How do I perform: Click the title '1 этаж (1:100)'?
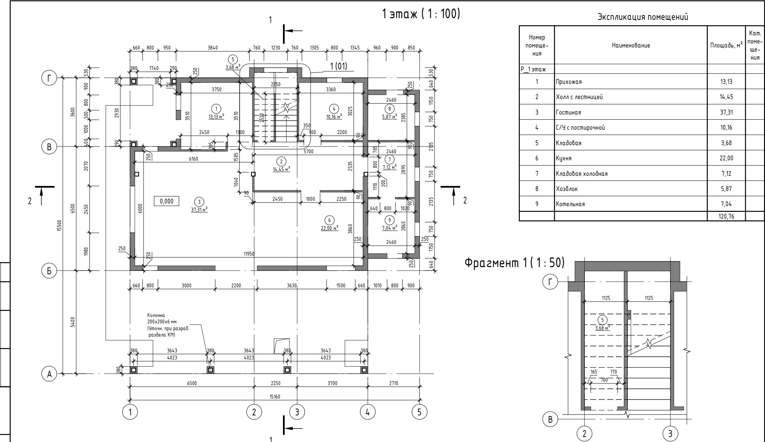[x=421, y=14]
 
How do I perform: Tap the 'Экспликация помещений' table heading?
[x=642, y=17]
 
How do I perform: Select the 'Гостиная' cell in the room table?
[x=568, y=113]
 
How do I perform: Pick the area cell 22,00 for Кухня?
[x=726, y=158]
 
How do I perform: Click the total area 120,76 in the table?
[x=726, y=216]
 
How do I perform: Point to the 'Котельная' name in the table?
[x=570, y=204]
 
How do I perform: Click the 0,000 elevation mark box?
[x=166, y=201]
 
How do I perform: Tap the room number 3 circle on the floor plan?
[x=199, y=202]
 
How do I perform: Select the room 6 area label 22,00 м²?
[x=329, y=228]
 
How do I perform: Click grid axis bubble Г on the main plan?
[x=49, y=78]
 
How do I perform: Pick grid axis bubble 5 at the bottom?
[x=419, y=412]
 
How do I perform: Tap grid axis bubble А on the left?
[x=49, y=374]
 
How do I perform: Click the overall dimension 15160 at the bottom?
[x=275, y=397]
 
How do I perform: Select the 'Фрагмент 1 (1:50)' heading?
[x=514, y=263]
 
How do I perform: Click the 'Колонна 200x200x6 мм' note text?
[x=168, y=325]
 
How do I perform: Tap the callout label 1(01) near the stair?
[x=338, y=66]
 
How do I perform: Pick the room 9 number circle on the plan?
[x=389, y=220]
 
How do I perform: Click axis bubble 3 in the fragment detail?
[x=670, y=434]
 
